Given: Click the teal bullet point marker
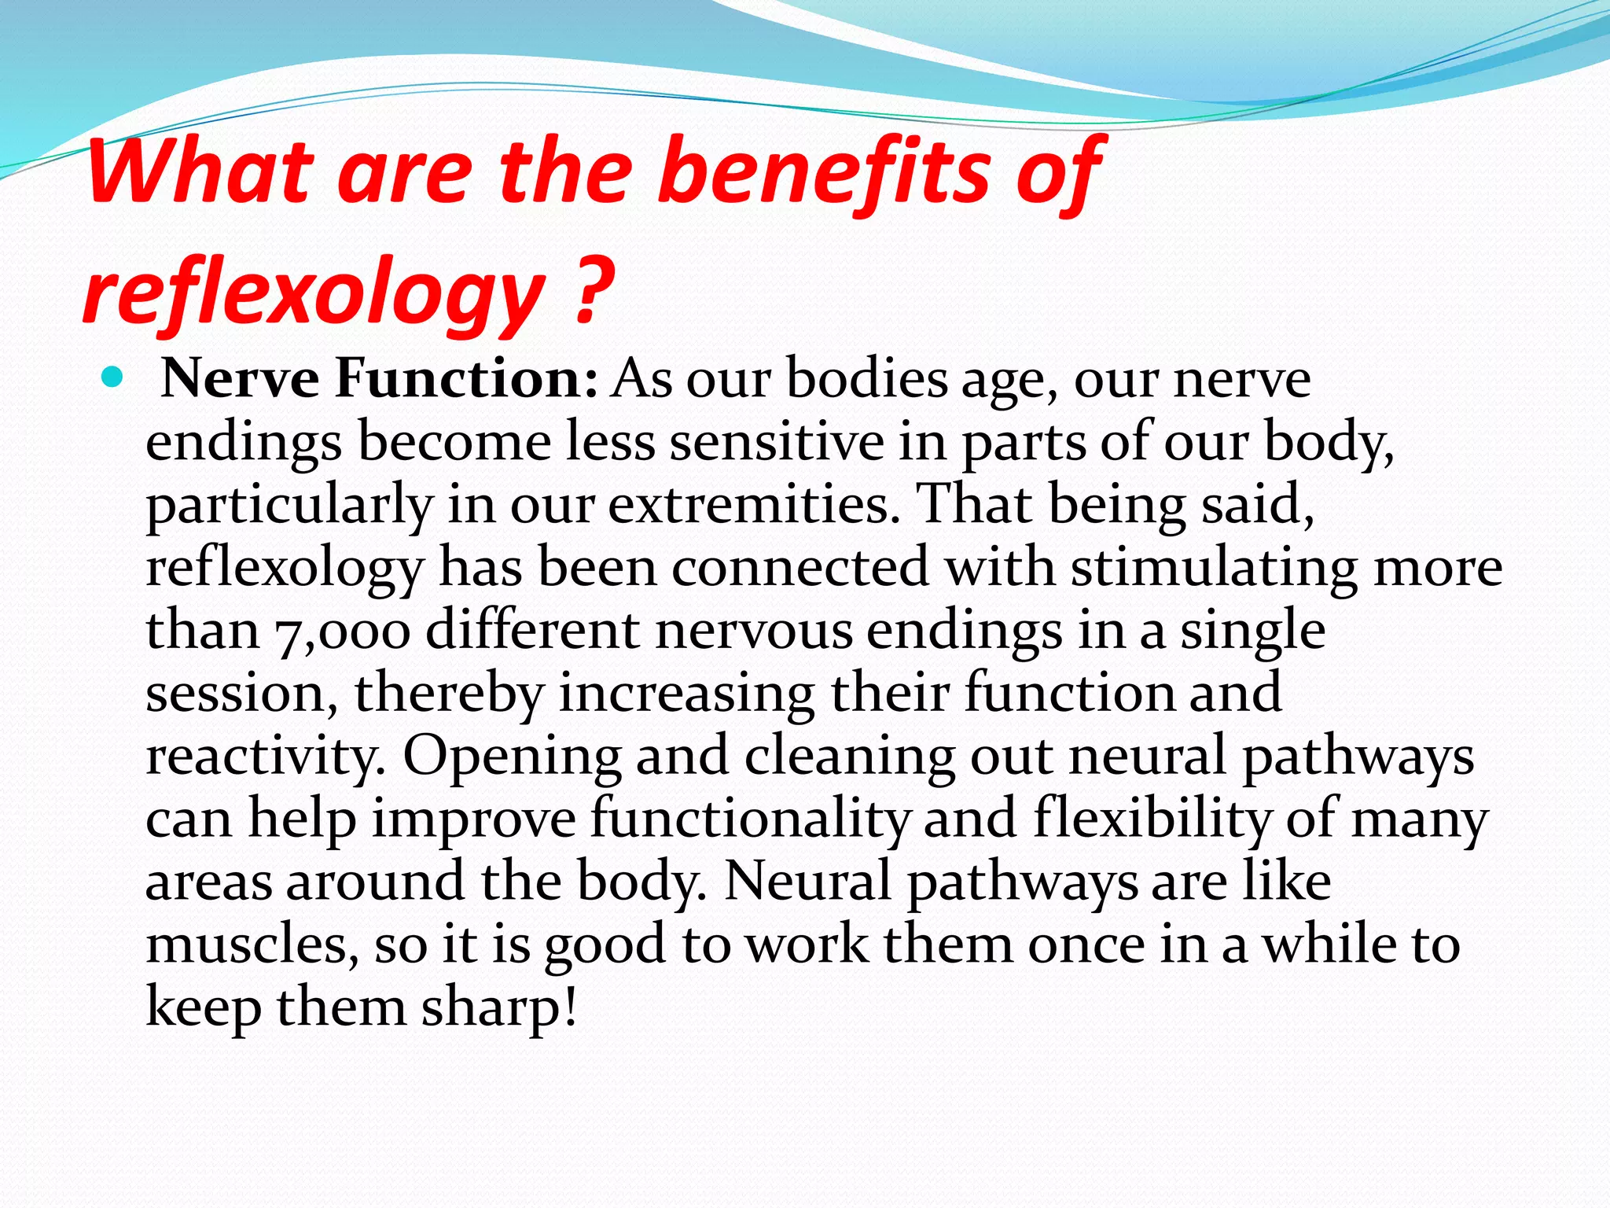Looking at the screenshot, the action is (113, 379).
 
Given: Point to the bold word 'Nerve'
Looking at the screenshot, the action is (240, 379).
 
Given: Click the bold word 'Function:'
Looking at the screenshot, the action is (467, 379).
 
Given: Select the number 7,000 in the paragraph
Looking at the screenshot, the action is (343, 631).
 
